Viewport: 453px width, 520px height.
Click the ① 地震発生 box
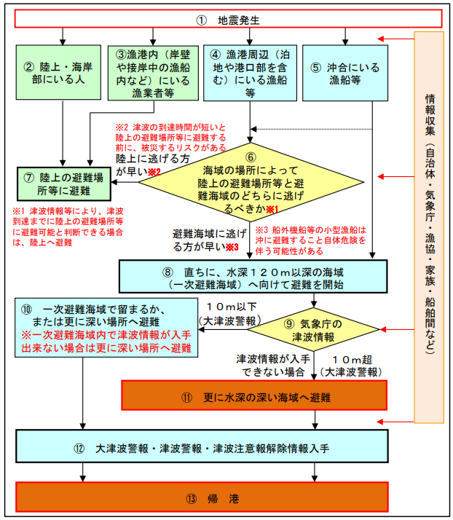228,19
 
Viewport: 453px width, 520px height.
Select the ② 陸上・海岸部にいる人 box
58,72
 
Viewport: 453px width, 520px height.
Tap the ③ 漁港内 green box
153,73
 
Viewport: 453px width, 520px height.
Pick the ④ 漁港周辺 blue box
250,73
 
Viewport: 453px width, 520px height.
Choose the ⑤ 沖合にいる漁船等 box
345,73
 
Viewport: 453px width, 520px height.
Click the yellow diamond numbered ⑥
251,182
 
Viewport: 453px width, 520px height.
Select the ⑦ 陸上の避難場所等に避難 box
64,184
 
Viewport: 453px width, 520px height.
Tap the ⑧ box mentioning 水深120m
253,277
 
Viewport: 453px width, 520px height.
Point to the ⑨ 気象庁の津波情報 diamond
313,330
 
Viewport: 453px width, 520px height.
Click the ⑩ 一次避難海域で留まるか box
106,328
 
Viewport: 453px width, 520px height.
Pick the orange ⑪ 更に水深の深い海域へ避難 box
254,395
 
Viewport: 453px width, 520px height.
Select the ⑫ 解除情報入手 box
202,446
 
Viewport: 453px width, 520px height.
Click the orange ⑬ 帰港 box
202,497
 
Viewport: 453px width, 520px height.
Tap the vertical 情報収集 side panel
429,227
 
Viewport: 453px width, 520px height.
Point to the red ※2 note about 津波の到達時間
171,138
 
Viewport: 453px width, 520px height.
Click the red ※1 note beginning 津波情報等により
68,226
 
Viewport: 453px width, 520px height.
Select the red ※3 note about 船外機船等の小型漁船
311,240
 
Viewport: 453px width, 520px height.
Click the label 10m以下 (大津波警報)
230,314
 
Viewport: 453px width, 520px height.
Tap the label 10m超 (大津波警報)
352,366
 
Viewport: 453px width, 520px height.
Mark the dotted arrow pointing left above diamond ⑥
311,129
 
